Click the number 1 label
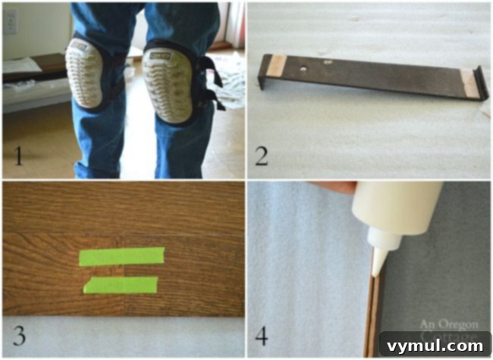pyautogui.click(x=17, y=157)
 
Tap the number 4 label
pyautogui.click(x=262, y=333)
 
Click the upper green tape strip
pyautogui.click(x=121, y=257)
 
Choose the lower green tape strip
pyautogui.click(x=121, y=285)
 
